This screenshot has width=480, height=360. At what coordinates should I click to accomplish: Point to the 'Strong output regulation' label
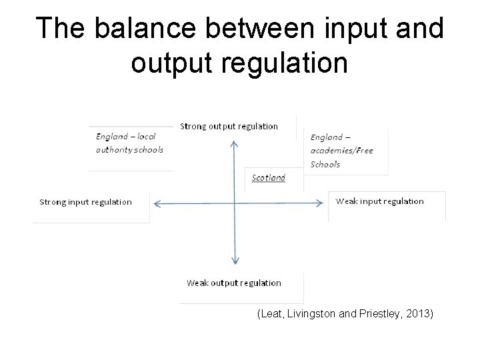229,126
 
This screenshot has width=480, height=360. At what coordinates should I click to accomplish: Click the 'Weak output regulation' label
234,283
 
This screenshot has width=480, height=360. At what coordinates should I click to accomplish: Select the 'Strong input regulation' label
86,202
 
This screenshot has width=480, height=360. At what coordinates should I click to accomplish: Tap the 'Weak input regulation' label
379,201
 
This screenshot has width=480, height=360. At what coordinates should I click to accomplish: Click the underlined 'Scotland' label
269,178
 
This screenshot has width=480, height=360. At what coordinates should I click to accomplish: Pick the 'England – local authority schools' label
129,143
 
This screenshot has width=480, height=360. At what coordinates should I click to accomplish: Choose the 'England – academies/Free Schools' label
341,151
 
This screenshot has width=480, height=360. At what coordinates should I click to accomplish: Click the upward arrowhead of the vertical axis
234,143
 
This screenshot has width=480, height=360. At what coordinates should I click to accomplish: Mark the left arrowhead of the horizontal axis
154,203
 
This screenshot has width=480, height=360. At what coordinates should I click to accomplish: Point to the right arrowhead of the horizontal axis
323,203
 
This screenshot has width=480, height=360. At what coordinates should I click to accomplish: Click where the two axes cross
235,203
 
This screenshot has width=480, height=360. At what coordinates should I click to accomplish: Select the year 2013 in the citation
419,313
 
